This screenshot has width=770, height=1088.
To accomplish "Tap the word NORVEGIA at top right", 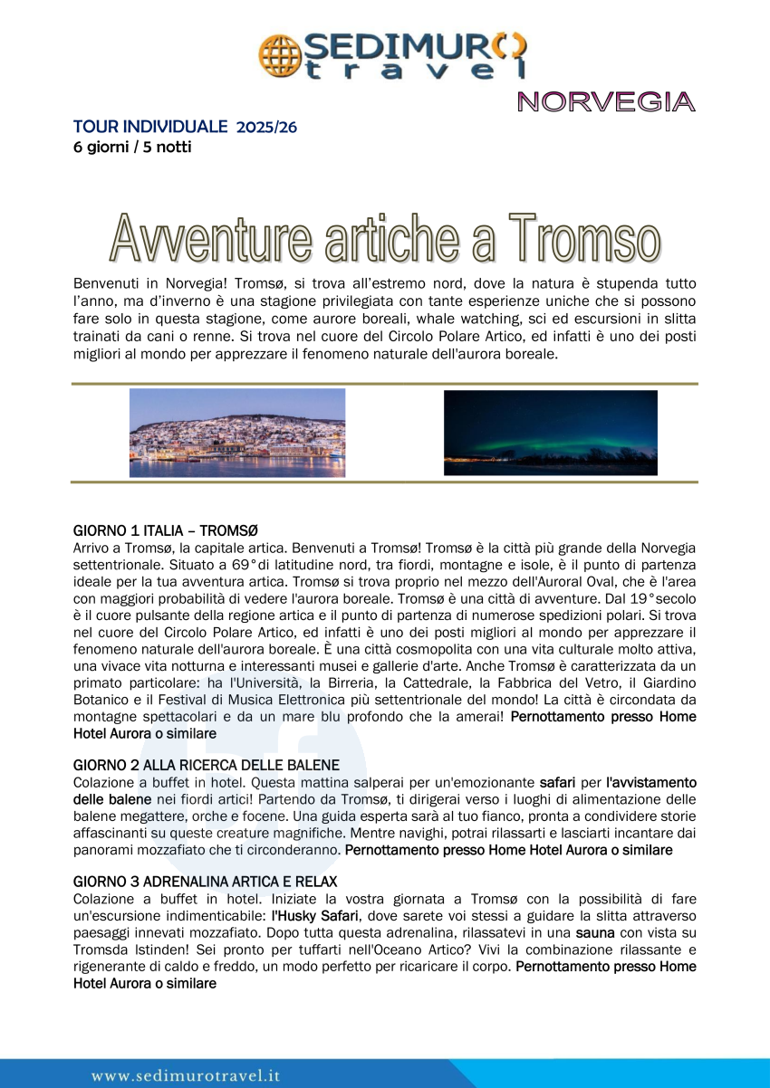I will pos(606,102).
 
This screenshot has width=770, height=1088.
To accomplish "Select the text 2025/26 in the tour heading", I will pos(266,128).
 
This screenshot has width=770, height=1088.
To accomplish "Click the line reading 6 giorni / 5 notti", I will pos(132,147).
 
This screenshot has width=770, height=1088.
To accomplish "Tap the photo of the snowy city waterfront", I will pos(237,433).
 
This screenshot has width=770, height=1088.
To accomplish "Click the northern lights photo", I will pos(550,433).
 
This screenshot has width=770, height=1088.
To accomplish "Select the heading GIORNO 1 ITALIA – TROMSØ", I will pos(166,530).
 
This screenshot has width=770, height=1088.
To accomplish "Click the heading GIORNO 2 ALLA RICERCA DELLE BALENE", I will pos(207,766).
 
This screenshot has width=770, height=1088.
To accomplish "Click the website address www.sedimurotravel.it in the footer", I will pos(186,1075).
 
